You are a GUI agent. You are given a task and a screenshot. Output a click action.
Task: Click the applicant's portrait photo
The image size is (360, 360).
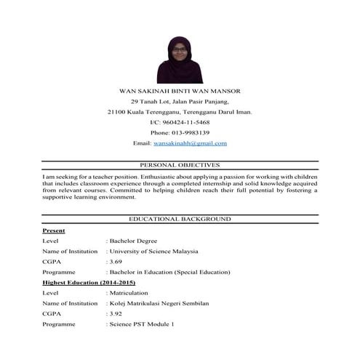point(180,60)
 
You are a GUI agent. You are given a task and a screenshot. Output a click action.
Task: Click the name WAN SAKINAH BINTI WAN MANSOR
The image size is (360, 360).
point(179,91)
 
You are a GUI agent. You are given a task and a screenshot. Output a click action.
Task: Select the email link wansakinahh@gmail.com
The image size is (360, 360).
point(191,143)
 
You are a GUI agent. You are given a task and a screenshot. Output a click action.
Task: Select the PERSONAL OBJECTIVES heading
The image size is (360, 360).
point(179,165)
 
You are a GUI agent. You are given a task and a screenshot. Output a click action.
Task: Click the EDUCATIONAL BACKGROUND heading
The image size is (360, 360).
point(179,219)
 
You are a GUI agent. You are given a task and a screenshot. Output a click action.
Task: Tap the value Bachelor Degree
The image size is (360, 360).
point(134,240)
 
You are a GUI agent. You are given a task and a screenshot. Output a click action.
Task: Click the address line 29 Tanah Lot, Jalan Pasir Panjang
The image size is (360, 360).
point(179,101)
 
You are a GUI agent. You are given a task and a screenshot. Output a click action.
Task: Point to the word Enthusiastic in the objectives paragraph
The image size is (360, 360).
point(156,177)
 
